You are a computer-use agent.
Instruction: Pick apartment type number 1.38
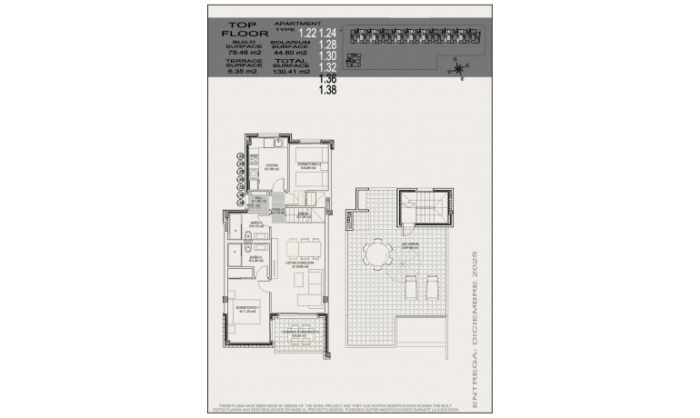[328, 90]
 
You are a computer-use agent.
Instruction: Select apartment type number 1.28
[328, 45]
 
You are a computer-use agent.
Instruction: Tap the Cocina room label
[271, 166]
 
